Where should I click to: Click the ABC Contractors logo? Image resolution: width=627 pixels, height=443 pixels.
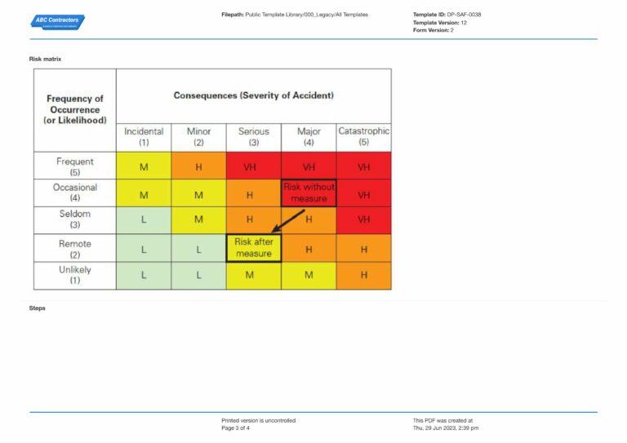click(58, 21)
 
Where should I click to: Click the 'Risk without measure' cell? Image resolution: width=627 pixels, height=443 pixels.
click(309, 193)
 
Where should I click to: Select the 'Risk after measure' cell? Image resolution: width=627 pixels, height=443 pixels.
click(253, 248)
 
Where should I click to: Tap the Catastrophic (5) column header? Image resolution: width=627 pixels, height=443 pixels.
click(363, 136)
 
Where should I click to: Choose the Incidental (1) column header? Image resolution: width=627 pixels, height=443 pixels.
click(144, 136)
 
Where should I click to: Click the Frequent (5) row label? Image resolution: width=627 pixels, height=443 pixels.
click(75, 166)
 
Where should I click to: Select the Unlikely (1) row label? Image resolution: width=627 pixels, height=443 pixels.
click(75, 275)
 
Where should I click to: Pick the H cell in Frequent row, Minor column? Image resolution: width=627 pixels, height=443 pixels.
click(198, 166)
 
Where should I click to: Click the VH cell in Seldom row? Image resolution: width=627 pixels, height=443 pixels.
click(363, 220)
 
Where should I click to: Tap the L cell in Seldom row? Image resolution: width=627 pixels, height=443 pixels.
click(144, 220)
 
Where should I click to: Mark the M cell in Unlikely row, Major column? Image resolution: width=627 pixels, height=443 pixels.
click(309, 276)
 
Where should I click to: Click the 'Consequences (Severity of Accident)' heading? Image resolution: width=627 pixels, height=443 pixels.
click(253, 95)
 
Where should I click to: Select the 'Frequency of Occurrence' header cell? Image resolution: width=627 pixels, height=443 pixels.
click(75, 109)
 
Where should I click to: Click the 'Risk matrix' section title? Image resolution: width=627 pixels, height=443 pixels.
click(45, 59)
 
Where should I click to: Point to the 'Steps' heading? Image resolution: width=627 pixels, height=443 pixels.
click(38, 308)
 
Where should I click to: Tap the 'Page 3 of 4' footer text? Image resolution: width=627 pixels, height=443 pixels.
click(236, 427)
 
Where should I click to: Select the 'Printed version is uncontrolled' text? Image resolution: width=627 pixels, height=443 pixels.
click(258, 420)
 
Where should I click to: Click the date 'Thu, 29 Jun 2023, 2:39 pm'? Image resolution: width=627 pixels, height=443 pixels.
click(446, 427)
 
